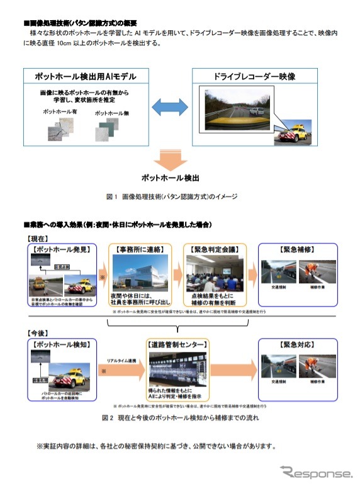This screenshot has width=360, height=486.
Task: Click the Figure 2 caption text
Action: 181,417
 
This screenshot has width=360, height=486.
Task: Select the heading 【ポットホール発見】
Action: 60,250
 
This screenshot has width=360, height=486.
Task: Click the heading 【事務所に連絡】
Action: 142,250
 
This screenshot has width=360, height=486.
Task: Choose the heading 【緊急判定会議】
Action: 216,250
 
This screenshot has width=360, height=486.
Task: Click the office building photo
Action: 141,273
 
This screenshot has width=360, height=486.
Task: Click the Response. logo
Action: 316,472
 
